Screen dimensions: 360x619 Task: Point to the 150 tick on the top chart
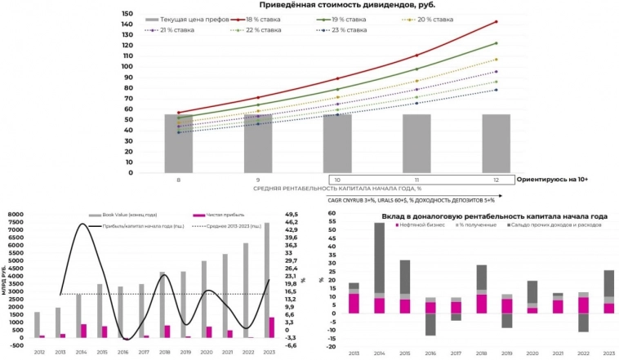pos(126,14)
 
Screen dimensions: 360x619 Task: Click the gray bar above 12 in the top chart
pos(496,143)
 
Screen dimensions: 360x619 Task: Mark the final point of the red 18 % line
pos(496,22)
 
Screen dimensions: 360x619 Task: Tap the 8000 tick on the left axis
pos(16,215)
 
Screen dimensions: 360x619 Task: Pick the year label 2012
pos(38,350)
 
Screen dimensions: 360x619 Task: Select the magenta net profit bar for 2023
pos(272,327)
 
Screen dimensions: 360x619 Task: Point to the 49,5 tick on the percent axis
pos(291,215)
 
